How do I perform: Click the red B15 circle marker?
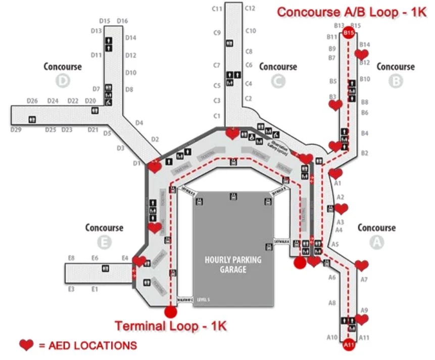[348, 33]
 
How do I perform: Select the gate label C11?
[217, 9]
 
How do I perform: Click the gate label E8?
[71, 259]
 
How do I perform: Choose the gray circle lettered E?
[104, 242]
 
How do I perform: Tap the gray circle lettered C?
[278, 81]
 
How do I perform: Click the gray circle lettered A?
[376, 242]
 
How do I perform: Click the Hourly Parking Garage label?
[233, 265]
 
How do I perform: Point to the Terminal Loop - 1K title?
[171, 326]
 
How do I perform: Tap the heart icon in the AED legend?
[26, 345]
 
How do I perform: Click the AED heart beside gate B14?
[362, 54]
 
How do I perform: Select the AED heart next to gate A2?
[341, 209]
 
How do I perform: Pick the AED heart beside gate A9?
[362, 319]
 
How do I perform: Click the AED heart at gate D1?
[155, 166]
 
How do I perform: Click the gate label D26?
[32, 101]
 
